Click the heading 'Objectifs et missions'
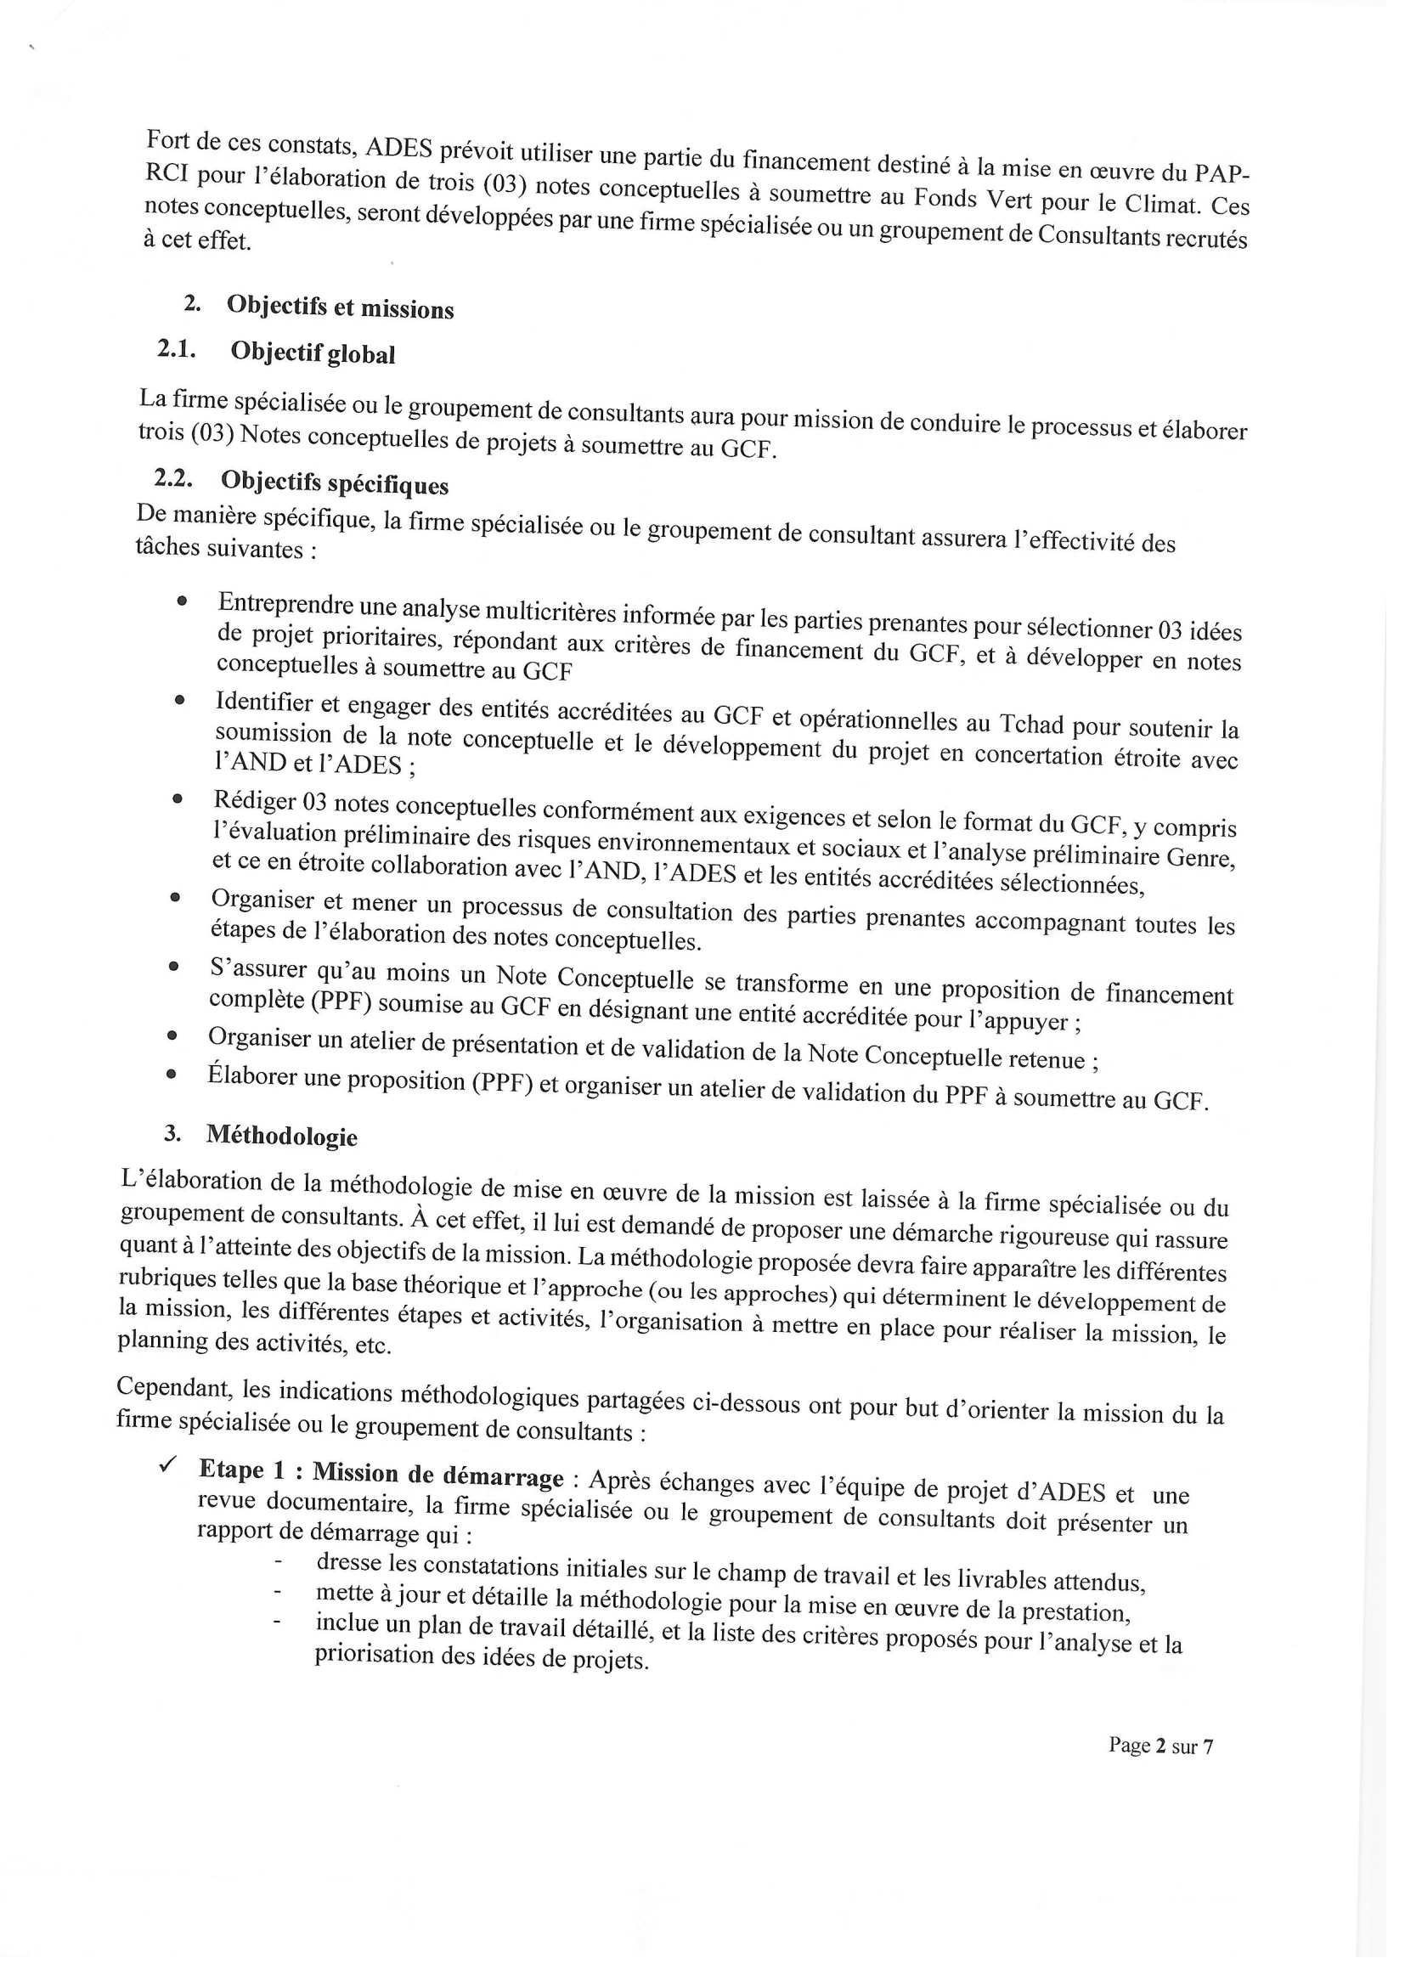(340, 307)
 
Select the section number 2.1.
(177, 348)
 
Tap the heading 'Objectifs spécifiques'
(334, 482)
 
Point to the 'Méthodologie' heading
(281, 1136)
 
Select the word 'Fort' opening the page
(168, 139)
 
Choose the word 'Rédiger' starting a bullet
(256, 801)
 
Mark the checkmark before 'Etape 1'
(167, 1464)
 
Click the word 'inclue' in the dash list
(347, 1622)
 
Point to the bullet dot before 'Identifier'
(179, 701)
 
